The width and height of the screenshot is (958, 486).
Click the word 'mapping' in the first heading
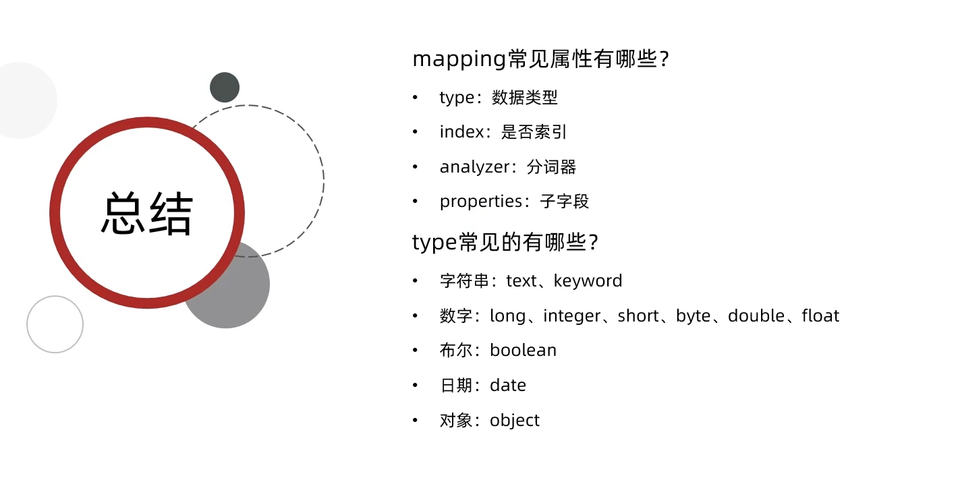click(x=459, y=60)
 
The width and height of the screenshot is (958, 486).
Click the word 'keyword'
click(x=588, y=281)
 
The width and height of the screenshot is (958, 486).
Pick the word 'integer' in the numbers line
click(x=572, y=316)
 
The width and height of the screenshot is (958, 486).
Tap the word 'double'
click(x=756, y=316)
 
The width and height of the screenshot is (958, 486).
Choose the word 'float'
click(x=820, y=316)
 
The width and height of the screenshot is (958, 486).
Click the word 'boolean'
click(x=523, y=351)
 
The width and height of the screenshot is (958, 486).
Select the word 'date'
click(x=507, y=386)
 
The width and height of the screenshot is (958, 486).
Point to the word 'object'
click(x=515, y=421)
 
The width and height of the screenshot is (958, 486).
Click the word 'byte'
click(x=694, y=317)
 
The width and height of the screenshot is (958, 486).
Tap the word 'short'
click(x=638, y=316)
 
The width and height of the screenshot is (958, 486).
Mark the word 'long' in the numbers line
click(x=507, y=317)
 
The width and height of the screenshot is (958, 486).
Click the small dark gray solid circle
click(x=225, y=87)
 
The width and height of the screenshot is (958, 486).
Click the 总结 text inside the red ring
click(x=147, y=213)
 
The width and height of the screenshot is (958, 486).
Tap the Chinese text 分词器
click(x=551, y=167)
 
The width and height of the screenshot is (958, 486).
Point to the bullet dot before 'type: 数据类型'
click(x=415, y=98)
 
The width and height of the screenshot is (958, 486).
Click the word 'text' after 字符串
click(x=522, y=281)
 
